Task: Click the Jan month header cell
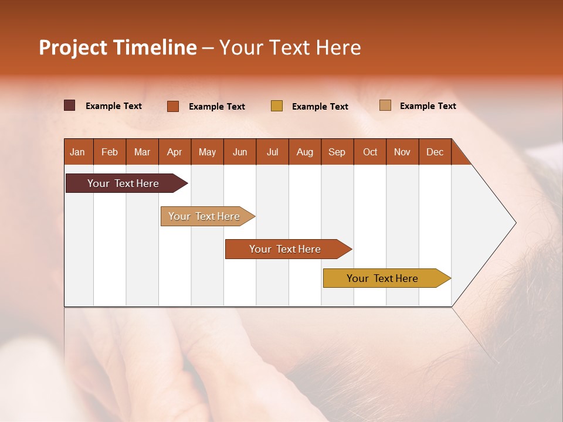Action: [x=78, y=152]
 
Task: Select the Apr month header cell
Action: [x=175, y=152]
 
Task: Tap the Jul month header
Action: [x=273, y=152]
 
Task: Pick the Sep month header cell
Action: [x=337, y=152]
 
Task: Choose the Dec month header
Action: [x=435, y=152]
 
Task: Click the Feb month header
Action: [x=110, y=152]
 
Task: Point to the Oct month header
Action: [x=370, y=152]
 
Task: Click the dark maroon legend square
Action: [x=69, y=105]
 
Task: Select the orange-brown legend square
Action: [x=172, y=106]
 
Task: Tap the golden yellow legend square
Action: [x=277, y=106]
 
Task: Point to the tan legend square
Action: [x=385, y=105]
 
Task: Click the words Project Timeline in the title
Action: [x=117, y=47]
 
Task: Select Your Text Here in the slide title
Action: [x=290, y=47]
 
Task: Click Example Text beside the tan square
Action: [x=428, y=105]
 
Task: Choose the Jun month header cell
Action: [x=240, y=152]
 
